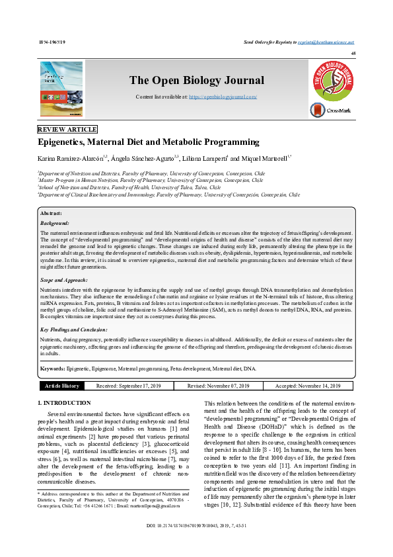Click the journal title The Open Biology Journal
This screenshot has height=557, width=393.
(x=196, y=81)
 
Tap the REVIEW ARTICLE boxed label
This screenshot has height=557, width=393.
(x=67, y=129)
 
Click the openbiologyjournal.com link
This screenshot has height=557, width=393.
(x=223, y=97)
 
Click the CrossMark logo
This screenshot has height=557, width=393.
(x=330, y=111)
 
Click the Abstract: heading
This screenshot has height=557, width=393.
(x=52, y=214)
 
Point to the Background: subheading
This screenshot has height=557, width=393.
(x=55, y=224)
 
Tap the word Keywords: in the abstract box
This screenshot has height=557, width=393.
(x=53, y=368)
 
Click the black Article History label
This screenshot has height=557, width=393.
(x=61, y=386)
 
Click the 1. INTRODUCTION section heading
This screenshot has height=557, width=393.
(x=64, y=402)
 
